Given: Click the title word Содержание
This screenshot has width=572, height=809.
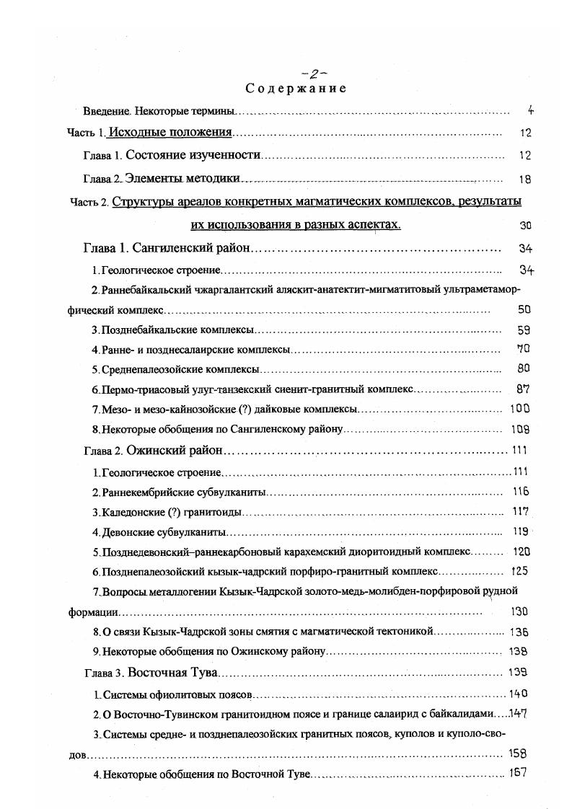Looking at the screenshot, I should (296, 89).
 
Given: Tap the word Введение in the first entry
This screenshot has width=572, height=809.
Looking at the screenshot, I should (106, 112).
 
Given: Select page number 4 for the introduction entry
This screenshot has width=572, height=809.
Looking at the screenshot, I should (530, 111).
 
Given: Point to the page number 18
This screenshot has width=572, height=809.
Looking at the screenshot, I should (524, 179).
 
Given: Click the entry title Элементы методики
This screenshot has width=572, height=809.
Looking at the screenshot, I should (182, 178).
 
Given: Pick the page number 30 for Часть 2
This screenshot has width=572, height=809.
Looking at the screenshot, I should (525, 225).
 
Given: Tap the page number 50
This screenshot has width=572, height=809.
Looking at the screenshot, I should (524, 310).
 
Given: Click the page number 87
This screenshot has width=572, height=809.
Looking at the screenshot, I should (524, 389).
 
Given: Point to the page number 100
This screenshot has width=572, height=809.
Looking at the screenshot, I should (519, 409).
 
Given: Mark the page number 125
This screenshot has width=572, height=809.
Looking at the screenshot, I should (519, 571).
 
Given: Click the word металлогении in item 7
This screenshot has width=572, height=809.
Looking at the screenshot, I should (179, 592).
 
